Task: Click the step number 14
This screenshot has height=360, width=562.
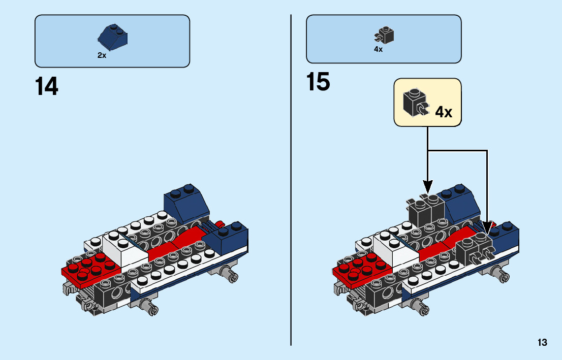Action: click(47, 86)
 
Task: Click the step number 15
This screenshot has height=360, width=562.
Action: click(319, 82)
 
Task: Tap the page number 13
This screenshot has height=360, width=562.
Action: click(542, 343)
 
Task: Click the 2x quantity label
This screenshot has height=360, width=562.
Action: click(102, 56)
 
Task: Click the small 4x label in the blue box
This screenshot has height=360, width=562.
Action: click(378, 50)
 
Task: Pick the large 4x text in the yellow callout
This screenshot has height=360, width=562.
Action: click(444, 112)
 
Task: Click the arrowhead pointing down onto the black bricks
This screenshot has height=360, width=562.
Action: click(428, 186)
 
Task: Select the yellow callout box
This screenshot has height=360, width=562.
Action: click(428, 102)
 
